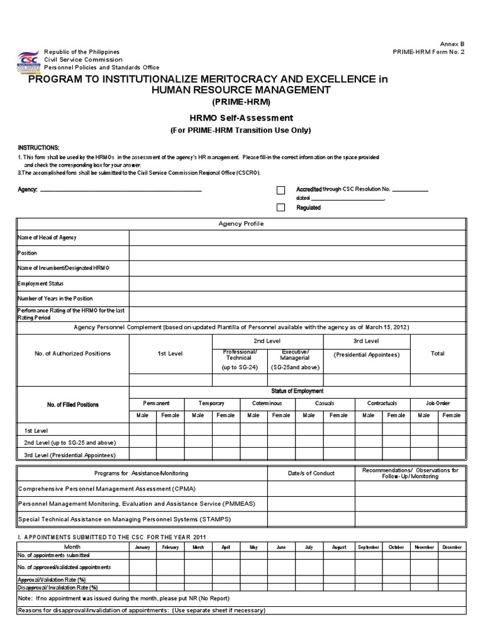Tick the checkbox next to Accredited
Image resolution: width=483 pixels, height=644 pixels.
(281, 190)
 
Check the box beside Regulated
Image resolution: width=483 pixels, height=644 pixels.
(281, 208)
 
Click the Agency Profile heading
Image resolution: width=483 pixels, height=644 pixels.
(241, 224)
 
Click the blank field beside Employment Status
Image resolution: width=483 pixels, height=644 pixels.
(297, 284)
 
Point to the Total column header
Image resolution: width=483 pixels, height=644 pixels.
(437, 353)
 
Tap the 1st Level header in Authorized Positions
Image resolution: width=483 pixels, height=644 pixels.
(170, 353)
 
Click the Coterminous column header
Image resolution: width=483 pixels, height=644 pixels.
(267, 403)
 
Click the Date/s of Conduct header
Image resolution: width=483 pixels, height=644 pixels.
(311, 473)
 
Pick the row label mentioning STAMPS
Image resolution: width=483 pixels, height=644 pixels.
(125, 519)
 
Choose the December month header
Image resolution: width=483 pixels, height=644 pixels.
(452, 547)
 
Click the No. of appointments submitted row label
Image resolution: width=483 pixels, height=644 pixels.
(53, 555)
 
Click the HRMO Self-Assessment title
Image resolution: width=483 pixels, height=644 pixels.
(241, 118)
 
